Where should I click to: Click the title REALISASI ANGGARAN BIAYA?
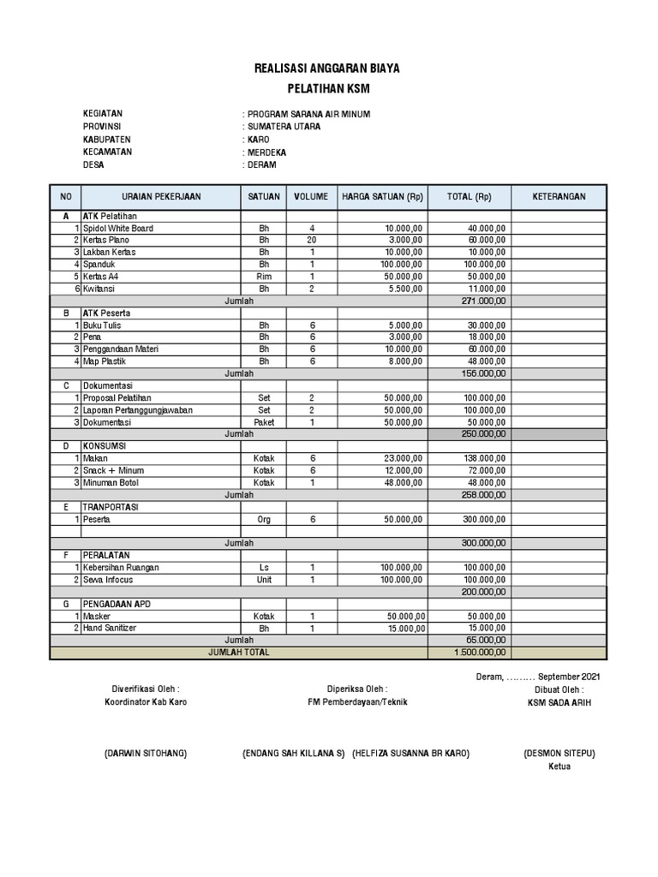coord(327,68)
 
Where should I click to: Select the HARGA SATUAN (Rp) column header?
coord(383,196)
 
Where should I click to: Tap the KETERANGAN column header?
coord(559,196)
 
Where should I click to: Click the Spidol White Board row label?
coord(118,229)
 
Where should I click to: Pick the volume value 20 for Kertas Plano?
coord(312,241)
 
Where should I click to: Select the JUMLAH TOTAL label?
coord(239,652)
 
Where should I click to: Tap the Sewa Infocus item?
coord(108,580)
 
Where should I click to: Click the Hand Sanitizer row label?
coord(110,628)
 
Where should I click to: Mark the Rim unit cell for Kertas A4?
coord(263,277)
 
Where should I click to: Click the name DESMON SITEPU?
coord(559,753)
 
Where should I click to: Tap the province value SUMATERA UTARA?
coord(284,126)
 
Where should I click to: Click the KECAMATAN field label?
coord(107,152)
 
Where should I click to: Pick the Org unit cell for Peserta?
coord(263,520)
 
